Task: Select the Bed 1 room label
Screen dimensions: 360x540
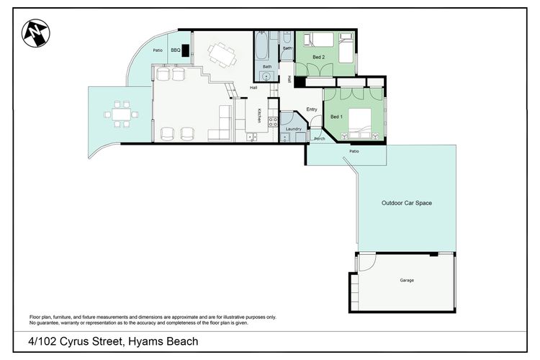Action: (336, 116)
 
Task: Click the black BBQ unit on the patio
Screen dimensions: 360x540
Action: (186, 51)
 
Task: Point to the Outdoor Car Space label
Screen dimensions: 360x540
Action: (406, 204)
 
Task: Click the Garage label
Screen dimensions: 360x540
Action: (407, 280)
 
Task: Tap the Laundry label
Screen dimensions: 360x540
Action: (293, 129)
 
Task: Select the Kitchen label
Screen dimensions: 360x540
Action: (259, 115)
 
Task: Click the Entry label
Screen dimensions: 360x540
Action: (312, 109)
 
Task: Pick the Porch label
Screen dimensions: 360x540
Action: (319, 139)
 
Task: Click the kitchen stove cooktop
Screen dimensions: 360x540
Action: (273, 121)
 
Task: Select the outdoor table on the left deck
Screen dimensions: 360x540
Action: (121, 114)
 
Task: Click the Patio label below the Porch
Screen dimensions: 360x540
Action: (354, 152)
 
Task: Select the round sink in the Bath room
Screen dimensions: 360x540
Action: (266, 74)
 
